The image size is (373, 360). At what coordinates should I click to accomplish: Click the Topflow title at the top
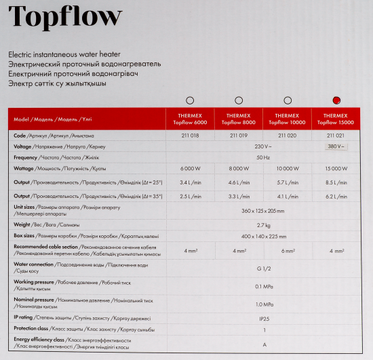[x=66, y=16]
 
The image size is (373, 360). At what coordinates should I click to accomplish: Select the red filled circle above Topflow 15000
[x=336, y=100]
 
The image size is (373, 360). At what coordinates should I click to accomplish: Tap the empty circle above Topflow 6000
[x=190, y=100]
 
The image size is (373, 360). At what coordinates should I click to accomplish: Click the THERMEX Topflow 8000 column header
[x=239, y=119]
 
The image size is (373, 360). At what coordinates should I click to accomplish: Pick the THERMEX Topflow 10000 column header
[x=288, y=119]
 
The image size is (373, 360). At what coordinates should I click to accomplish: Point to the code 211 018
[x=190, y=136]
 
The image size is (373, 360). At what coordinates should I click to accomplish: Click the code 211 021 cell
[x=336, y=136]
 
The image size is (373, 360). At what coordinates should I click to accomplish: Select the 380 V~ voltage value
[x=336, y=146]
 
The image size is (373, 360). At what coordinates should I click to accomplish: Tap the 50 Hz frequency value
[x=262, y=157]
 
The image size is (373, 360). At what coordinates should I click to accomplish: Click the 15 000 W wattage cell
[x=336, y=169]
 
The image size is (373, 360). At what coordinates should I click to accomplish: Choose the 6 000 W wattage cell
[x=190, y=169]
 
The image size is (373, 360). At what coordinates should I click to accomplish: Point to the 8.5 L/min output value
[x=336, y=182]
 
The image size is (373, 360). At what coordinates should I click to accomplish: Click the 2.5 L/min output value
[x=190, y=197]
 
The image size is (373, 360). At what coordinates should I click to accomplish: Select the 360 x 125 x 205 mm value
[x=262, y=211]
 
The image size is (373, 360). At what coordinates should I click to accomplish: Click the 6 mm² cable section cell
[x=288, y=251]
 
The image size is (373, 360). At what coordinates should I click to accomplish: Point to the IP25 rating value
[x=262, y=317]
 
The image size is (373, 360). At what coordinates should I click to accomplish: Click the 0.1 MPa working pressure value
[x=262, y=285]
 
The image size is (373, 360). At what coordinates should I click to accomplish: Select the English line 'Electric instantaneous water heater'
[x=56, y=54]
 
